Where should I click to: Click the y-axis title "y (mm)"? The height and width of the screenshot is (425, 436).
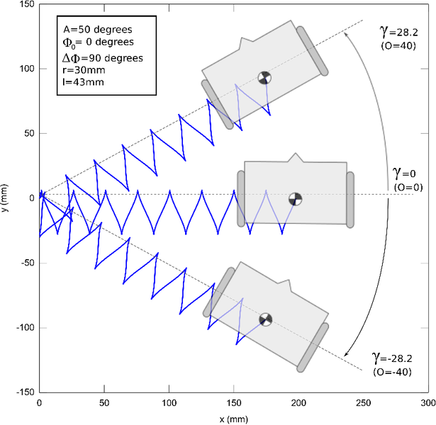(x=6, y=197)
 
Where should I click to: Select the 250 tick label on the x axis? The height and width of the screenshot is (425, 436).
(x=363, y=402)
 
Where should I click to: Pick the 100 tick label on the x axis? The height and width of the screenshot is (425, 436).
(x=169, y=402)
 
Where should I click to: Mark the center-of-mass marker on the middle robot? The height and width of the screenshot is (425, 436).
(x=295, y=199)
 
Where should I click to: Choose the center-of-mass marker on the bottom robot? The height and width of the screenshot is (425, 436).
(x=266, y=319)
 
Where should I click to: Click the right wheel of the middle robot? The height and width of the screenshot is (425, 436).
(x=350, y=198)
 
